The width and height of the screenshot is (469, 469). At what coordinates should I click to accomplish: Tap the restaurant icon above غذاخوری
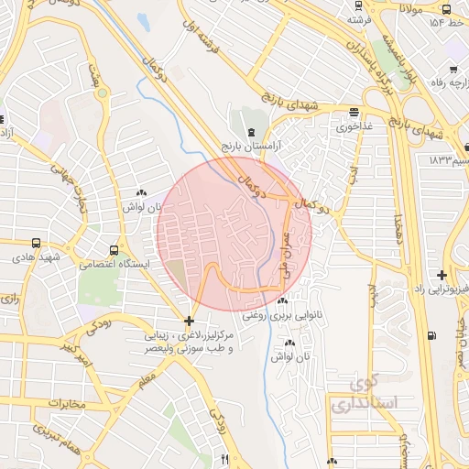(x=354, y=112)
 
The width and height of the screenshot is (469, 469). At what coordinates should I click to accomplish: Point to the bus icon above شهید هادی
(x=36, y=244)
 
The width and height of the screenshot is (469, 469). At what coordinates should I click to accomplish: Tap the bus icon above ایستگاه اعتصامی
(x=114, y=249)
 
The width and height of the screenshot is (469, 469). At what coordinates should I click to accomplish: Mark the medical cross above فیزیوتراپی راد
(x=442, y=275)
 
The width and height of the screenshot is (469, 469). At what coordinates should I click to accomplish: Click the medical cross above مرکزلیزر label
(x=189, y=322)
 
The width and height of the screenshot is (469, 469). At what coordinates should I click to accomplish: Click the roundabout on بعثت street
(x=101, y=93)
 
